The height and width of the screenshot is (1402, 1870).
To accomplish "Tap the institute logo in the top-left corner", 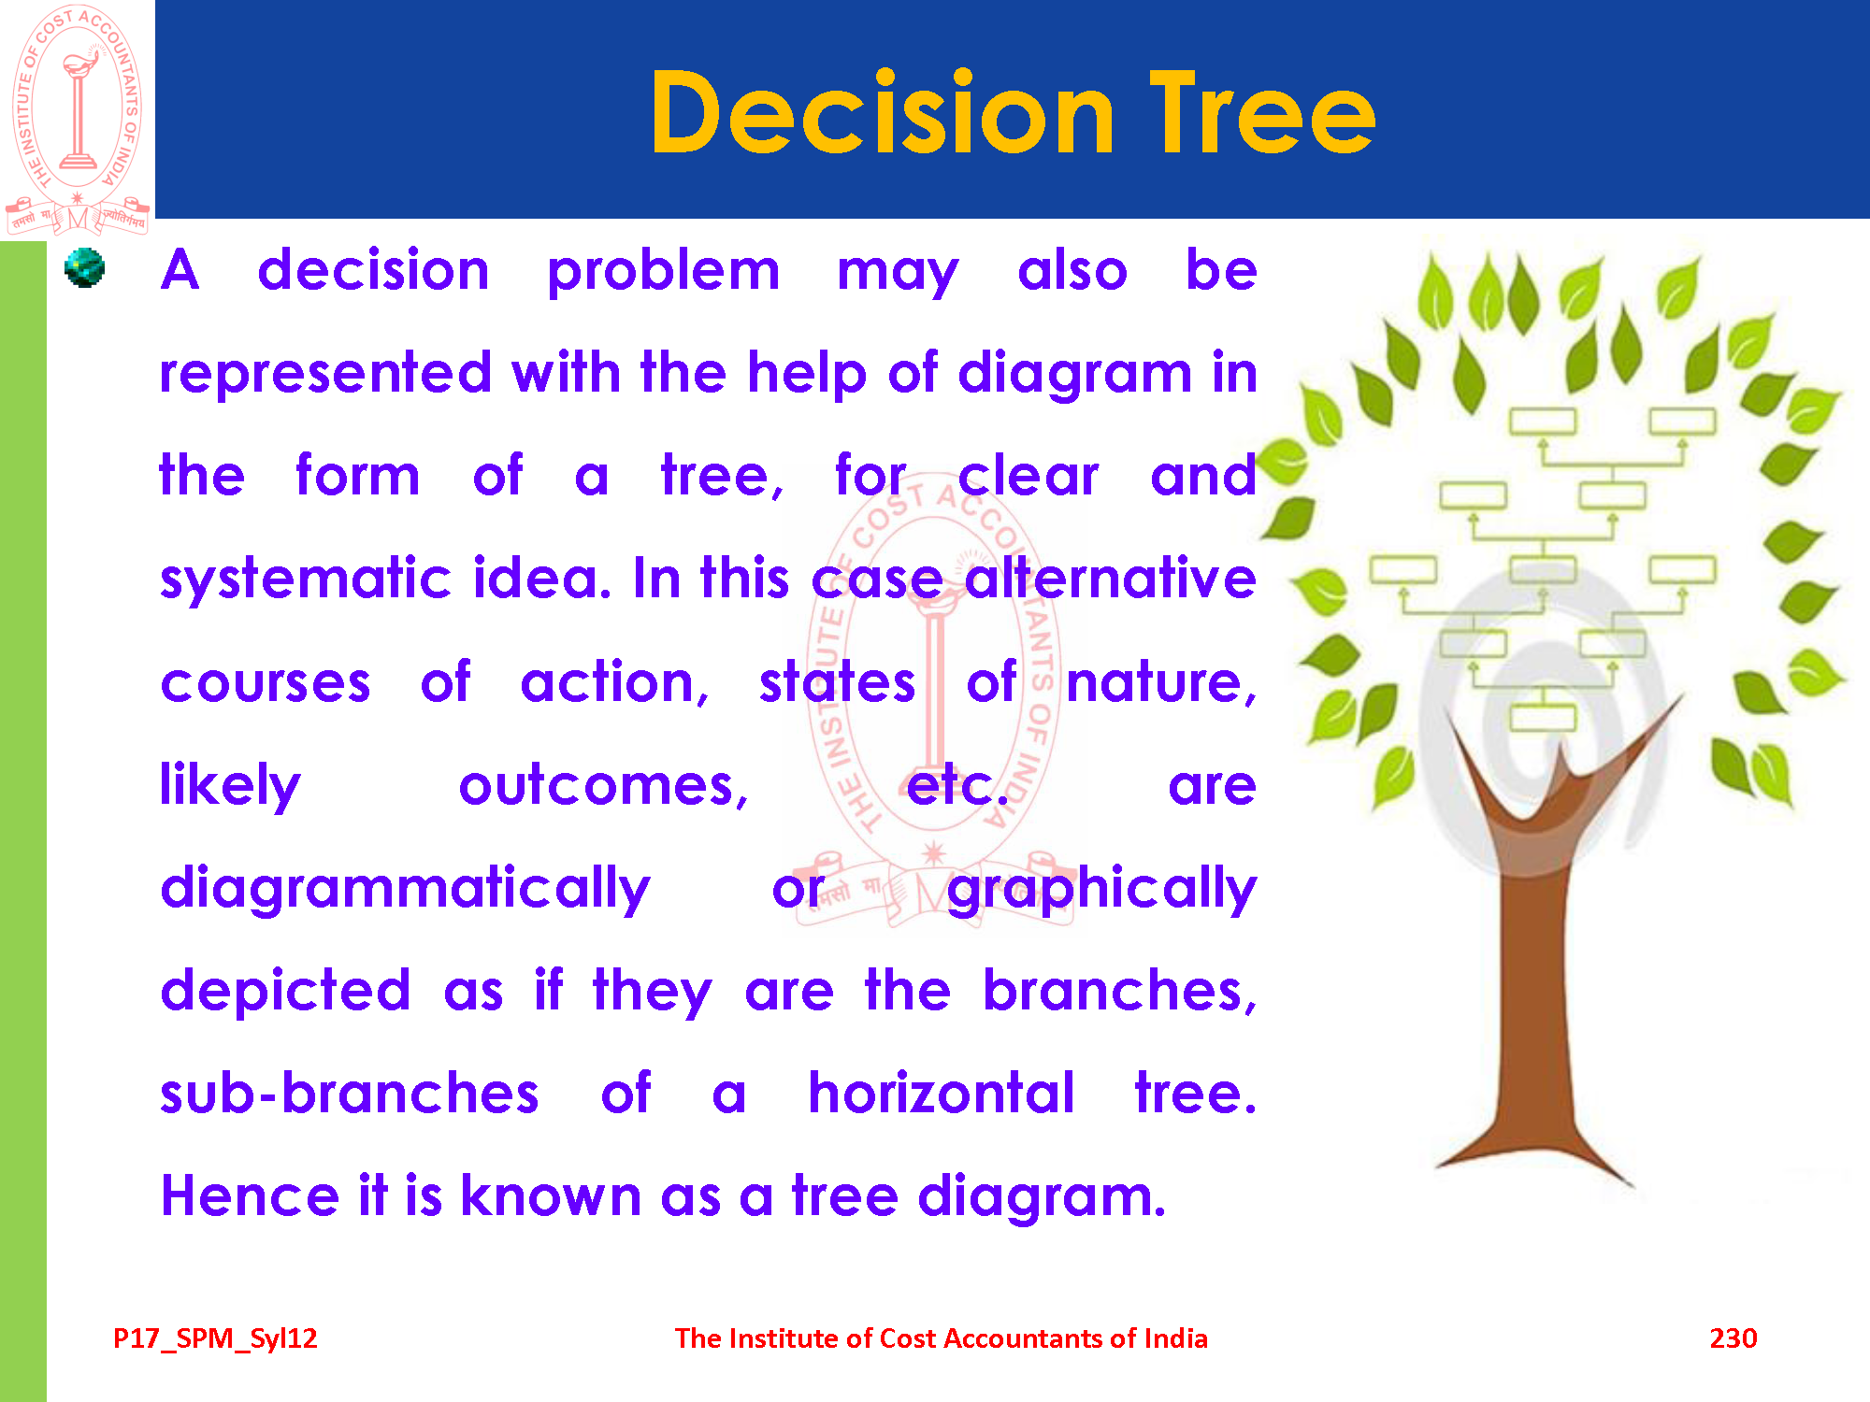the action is point(78,119).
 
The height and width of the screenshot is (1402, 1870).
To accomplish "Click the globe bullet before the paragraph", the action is point(84,268).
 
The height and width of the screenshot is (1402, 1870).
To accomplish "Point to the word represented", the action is point(325,374).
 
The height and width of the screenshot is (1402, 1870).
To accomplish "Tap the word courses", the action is point(266,683).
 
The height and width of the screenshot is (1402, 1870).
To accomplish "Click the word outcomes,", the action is point(604,785).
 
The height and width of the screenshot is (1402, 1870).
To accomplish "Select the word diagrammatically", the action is point(405,888).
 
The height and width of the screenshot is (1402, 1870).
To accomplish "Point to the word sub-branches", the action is point(350,1093).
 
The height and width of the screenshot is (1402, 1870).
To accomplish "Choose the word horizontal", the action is point(942,1093).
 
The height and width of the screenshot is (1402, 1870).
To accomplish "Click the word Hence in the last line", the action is point(250,1196).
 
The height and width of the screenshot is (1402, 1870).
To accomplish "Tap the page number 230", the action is point(1733,1338).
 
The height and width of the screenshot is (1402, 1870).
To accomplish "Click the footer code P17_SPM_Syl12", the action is point(215,1339).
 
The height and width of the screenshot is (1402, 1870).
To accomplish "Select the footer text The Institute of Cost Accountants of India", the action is point(942,1338).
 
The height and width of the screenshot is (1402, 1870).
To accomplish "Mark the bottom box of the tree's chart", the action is point(1544,718).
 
